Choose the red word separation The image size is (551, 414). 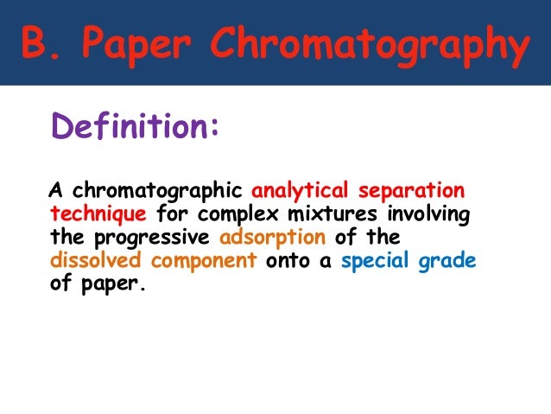pyautogui.click(x=409, y=189)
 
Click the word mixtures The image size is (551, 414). pyautogui.click(x=330, y=213)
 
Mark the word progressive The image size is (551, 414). pyautogui.click(x=157, y=237)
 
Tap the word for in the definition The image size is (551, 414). pyautogui.click(x=171, y=213)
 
